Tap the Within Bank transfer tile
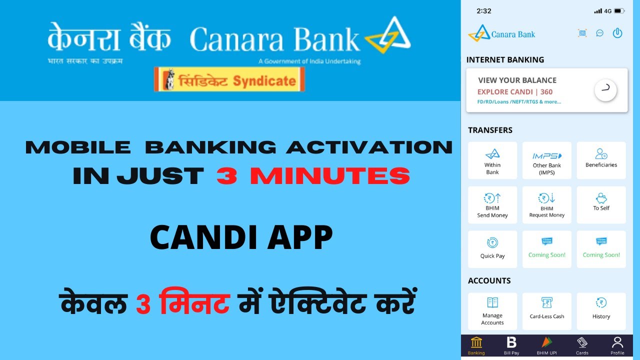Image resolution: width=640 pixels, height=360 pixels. tap(492, 160)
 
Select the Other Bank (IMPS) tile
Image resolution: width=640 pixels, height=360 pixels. tap(547, 160)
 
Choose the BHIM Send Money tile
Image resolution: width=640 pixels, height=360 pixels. tap(492, 205)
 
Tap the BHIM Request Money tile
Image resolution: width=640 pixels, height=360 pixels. tap(547, 205)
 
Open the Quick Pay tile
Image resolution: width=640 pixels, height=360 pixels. tap(492, 248)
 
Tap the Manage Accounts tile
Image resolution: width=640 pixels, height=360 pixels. tap(492, 311)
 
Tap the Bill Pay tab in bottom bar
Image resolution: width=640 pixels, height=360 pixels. tap(511, 345)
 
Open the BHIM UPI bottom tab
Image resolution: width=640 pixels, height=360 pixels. tap(546, 345)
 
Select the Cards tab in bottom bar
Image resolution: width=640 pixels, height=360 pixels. tap(582, 345)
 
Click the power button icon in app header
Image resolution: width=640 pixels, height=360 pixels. tap(617, 33)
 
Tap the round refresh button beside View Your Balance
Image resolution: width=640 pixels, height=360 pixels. tap(605, 90)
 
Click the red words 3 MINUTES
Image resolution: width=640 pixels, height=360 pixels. tap(313, 176)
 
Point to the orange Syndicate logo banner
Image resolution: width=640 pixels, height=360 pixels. tap(229, 80)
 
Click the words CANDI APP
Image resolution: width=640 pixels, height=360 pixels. tap(241, 238)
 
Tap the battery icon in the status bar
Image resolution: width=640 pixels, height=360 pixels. tap(619, 11)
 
